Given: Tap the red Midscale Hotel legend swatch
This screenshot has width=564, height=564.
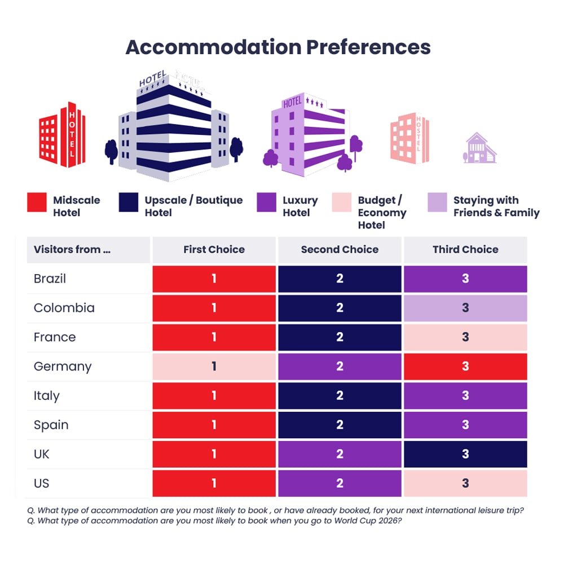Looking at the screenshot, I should (x=37, y=202).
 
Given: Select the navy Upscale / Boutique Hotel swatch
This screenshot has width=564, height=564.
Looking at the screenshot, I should (x=129, y=202).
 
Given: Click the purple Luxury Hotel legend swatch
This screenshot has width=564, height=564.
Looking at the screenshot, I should (x=266, y=202).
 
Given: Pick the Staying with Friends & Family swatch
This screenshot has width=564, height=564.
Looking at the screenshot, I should (x=437, y=202).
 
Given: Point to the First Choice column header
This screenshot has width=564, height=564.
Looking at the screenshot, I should (x=214, y=249).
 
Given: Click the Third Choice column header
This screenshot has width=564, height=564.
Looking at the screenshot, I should (x=465, y=249).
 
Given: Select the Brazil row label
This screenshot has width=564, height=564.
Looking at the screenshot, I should (x=50, y=279).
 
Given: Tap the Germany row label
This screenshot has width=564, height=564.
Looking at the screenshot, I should (x=62, y=367).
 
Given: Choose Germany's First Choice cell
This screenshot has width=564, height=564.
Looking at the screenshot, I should (x=214, y=367).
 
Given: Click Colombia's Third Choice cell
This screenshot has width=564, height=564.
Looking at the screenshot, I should (x=465, y=308).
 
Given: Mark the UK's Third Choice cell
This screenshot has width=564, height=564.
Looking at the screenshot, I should (x=465, y=455).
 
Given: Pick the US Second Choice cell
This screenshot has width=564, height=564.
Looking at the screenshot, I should (x=340, y=484).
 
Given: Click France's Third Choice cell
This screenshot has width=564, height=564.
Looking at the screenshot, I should (x=465, y=337).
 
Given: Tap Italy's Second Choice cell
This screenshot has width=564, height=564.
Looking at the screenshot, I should (x=340, y=396).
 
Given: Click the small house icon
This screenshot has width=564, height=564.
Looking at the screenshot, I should (x=480, y=148).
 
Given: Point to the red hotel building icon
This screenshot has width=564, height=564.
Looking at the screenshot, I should (x=61, y=135).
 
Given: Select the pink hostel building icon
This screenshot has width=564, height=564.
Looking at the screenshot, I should (x=410, y=139).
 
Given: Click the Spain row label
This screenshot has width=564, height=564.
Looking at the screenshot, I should (x=51, y=425).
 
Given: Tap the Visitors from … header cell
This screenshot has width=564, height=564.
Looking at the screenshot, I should (x=72, y=249).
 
